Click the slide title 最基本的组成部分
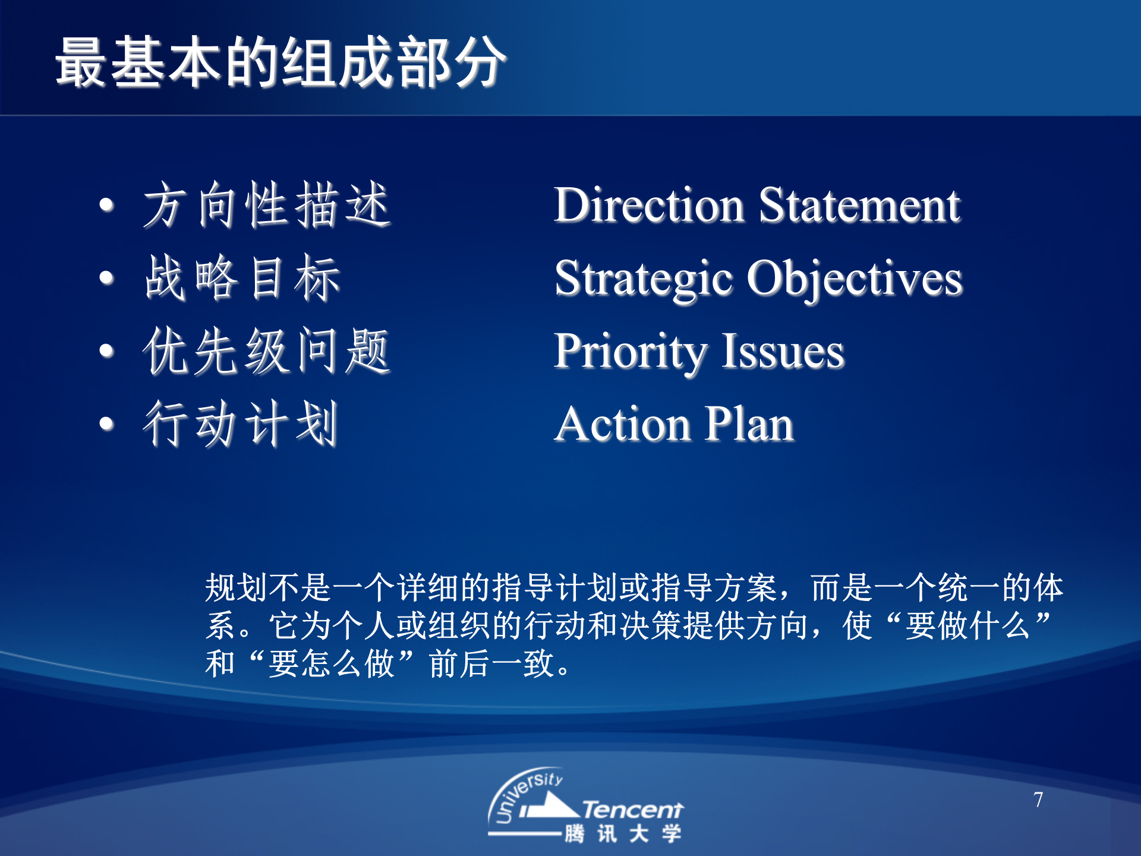pyautogui.click(x=280, y=62)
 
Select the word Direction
pyautogui.click(x=649, y=204)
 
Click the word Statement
pyautogui.click(x=859, y=204)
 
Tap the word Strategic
pyautogui.click(x=644, y=280)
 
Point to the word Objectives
pyautogui.click(x=855, y=280)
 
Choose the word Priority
pyautogui.click(x=631, y=353)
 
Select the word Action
pyautogui.click(x=623, y=424)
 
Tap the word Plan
pyautogui.click(x=749, y=424)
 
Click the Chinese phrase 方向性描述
pyautogui.click(x=267, y=205)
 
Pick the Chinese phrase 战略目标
pyautogui.click(x=242, y=278)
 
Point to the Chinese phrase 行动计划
pyautogui.click(x=241, y=424)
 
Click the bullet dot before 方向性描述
pyautogui.click(x=106, y=205)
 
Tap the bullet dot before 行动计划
pyautogui.click(x=106, y=424)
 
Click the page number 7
pyautogui.click(x=1038, y=800)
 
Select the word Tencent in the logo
pyautogui.click(x=632, y=810)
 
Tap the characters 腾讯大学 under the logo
pyautogui.click(x=623, y=833)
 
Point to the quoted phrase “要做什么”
pyautogui.click(x=968, y=625)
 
